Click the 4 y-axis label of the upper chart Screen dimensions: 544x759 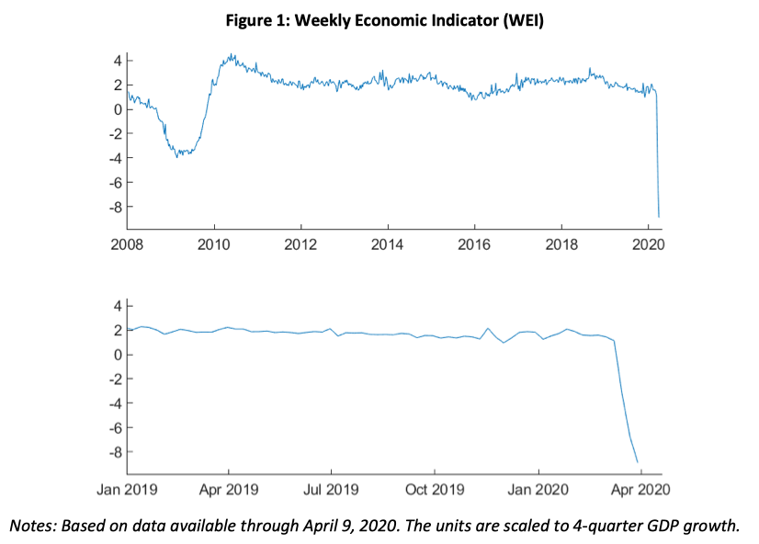[x=117, y=61]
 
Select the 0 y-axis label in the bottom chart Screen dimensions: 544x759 [x=117, y=354]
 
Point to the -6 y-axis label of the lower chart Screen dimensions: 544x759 [x=113, y=427]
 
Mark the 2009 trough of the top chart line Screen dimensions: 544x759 [x=178, y=156]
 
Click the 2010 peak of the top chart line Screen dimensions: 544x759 [x=231, y=56]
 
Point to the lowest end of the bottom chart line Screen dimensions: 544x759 [x=638, y=462]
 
